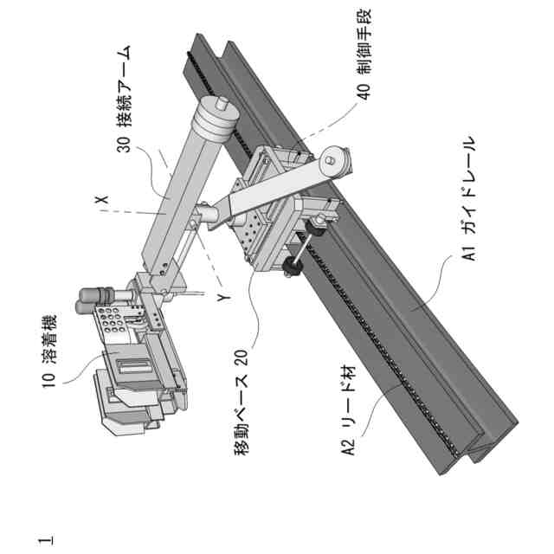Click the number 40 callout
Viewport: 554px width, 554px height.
[364, 93]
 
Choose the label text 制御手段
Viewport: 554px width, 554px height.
[364, 48]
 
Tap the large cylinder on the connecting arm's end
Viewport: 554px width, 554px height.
[212, 122]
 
